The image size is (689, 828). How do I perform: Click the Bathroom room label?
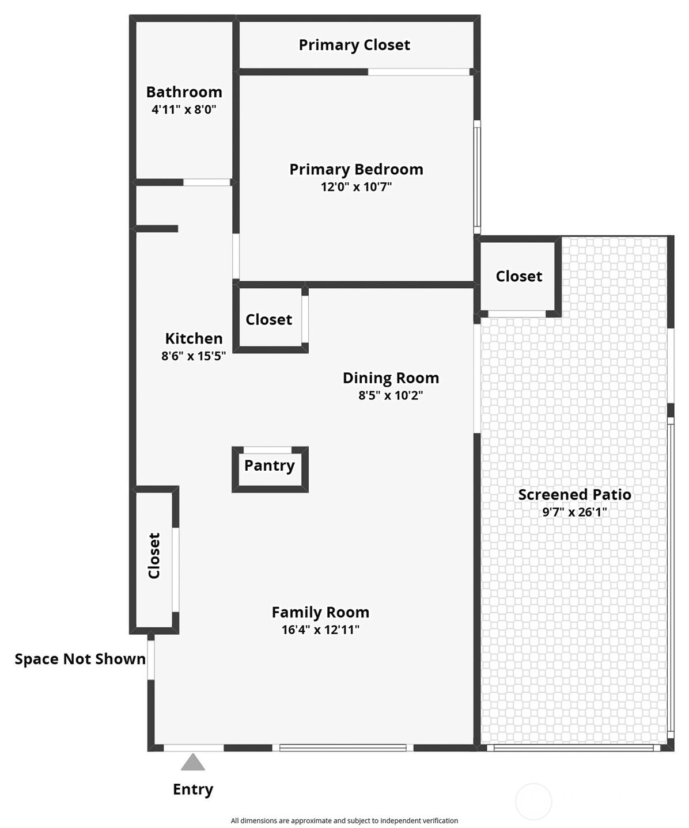click(184, 92)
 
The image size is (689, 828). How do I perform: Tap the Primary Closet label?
click(354, 45)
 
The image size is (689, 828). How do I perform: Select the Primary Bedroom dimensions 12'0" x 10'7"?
click(356, 186)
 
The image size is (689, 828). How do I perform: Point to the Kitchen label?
click(194, 338)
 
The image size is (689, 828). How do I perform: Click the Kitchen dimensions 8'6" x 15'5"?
click(194, 356)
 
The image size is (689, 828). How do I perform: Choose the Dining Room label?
click(391, 378)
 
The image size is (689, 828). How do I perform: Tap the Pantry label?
click(269, 465)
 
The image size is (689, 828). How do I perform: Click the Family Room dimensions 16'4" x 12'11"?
click(320, 629)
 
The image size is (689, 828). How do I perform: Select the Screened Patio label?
click(574, 494)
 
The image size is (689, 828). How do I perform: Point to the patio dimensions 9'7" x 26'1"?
click(574, 512)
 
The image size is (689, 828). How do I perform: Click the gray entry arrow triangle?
click(193, 763)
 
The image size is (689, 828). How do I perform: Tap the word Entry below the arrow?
click(193, 789)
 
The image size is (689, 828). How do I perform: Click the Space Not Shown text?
click(80, 659)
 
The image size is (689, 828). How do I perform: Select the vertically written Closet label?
click(154, 556)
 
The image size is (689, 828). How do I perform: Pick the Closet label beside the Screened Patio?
click(518, 276)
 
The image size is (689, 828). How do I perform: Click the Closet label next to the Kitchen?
click(268, 319)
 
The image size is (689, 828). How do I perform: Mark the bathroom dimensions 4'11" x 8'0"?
click(184, 109)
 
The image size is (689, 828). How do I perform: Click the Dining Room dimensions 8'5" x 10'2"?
click(391, 395)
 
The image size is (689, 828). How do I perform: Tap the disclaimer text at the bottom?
click(344, 821)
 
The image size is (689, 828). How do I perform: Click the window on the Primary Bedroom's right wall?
click(477, 175)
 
